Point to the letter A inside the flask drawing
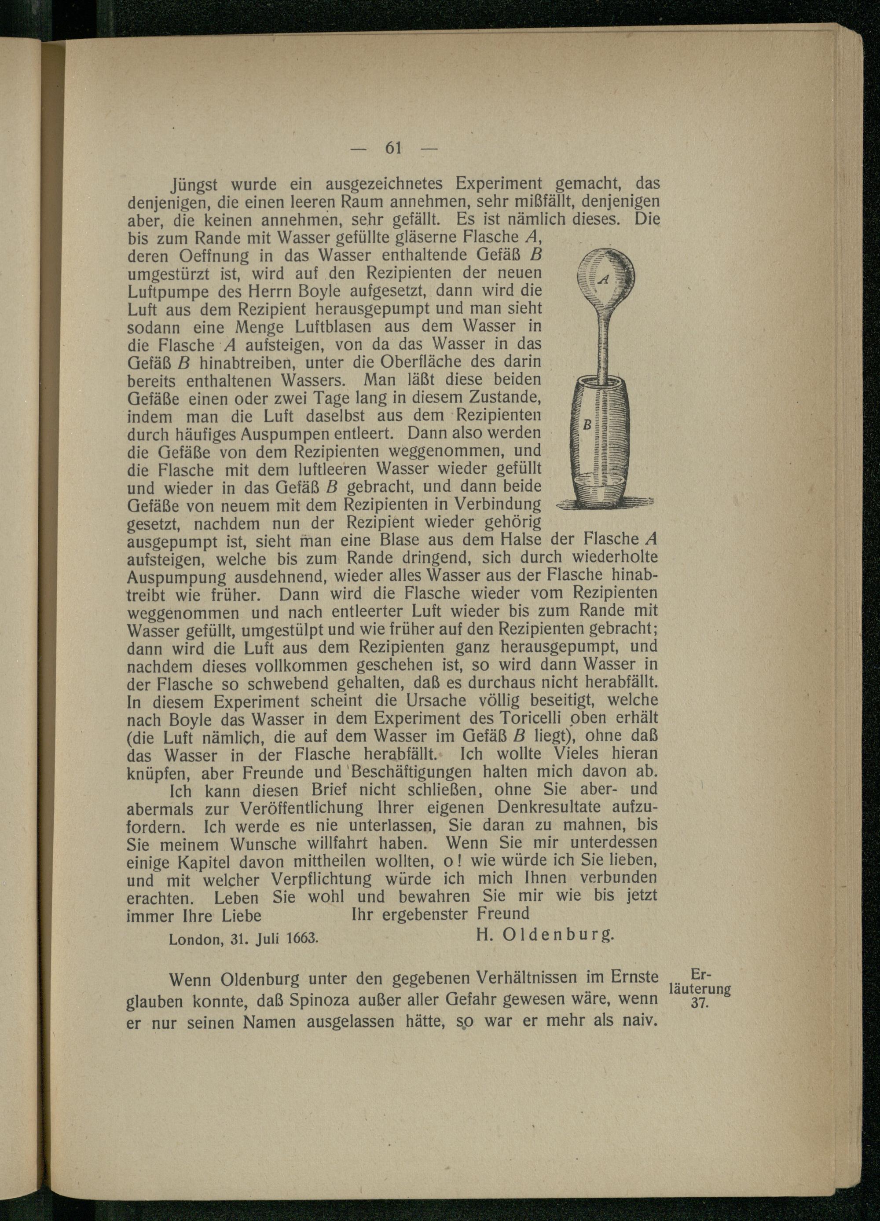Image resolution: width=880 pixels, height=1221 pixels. (604, 279)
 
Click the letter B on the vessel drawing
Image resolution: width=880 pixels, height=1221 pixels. (587, 425)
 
